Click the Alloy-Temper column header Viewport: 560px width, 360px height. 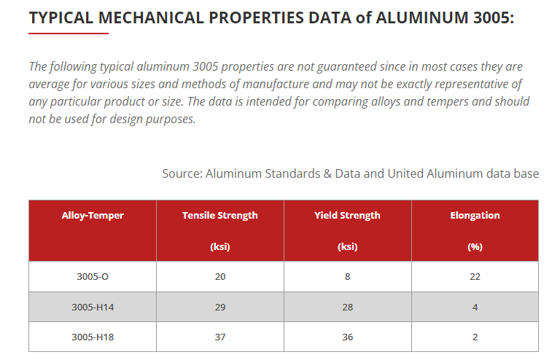[93, 216]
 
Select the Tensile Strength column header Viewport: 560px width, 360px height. [219, 216]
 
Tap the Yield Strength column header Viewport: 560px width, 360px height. [347, 216]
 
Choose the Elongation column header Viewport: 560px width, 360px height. [475, 216]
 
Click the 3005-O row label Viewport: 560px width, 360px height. [93, 276]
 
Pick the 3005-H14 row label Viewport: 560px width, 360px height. [93, 307]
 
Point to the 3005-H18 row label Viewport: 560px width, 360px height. [93, 337]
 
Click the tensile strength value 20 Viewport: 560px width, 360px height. [220, 276]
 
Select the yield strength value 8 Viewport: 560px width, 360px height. [347, 276]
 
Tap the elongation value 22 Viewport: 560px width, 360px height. [475, 276]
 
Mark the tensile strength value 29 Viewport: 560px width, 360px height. [220, 307]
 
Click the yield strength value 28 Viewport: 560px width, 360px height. [347, 307]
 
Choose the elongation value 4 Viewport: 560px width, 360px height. [475, 307]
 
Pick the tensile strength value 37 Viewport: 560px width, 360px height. [220, 337]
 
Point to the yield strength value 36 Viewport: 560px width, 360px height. [347, 337]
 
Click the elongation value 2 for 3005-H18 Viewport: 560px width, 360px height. [475, 337]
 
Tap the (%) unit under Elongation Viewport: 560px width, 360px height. [475, 246]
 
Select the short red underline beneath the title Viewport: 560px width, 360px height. [69, 34]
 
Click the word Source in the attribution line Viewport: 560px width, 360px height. [182, 173]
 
